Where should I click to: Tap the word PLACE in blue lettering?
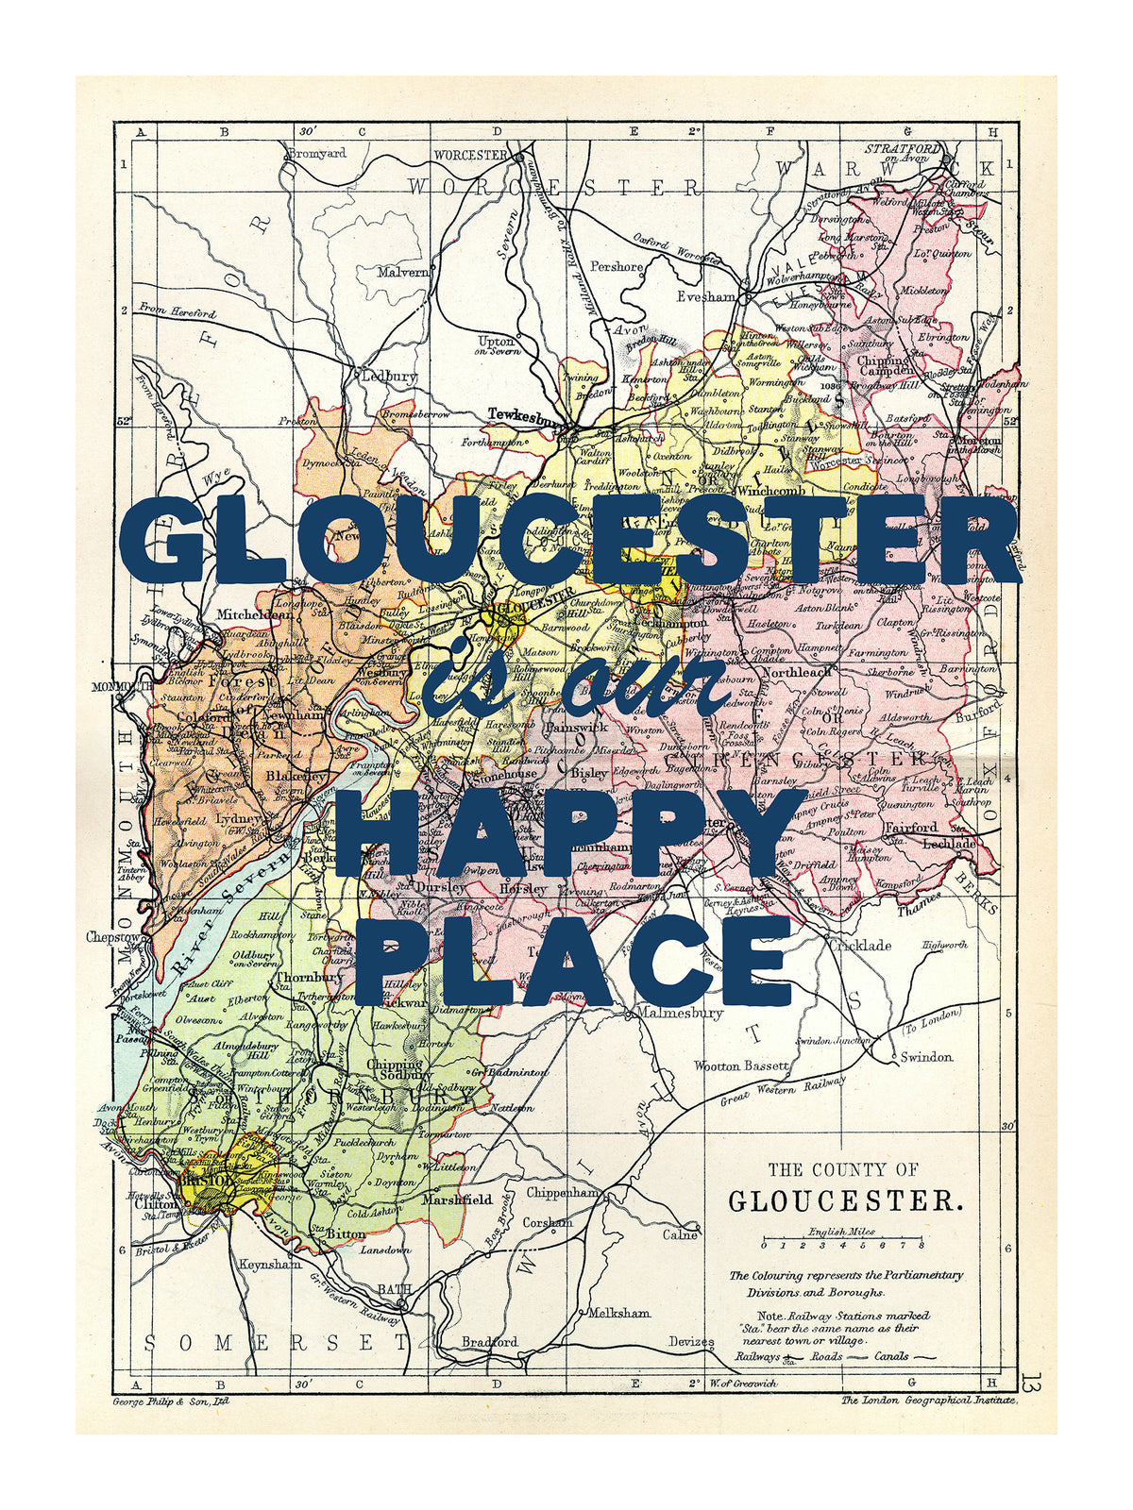pos(572,958)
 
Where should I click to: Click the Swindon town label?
pos(926,1057)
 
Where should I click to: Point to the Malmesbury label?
pos(680,1013)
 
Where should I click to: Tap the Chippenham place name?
pos(563,1193)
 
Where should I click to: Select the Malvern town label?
pos(403,272)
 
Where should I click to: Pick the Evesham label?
pos(705,296)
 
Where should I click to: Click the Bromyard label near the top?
pos(316,153)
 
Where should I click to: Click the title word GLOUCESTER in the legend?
pos(846,1201)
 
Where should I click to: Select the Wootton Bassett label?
pos(741,1065)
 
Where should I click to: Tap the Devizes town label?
pos(691,1341)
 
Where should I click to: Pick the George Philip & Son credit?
pos(170,1401)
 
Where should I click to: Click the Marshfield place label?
pos(457,1200)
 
